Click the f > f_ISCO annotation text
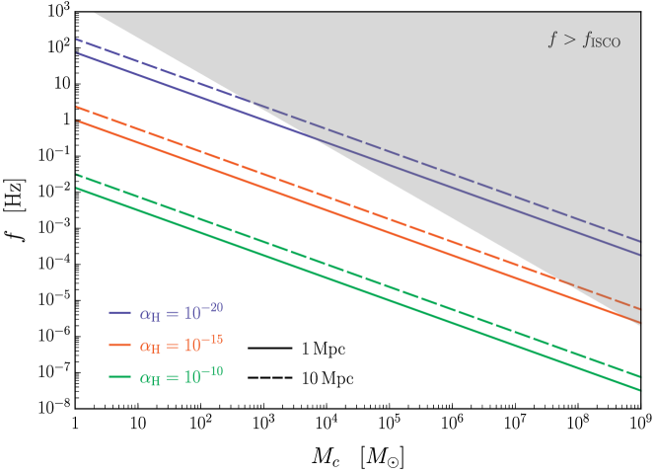584,40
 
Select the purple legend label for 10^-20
182,313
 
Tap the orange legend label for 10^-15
182,345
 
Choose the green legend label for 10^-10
182,377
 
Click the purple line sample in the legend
120,314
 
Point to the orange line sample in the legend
120,346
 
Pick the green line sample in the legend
120,377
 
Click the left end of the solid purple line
77,52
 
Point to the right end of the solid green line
640,390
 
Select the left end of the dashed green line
77,175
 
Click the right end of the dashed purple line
640,241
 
